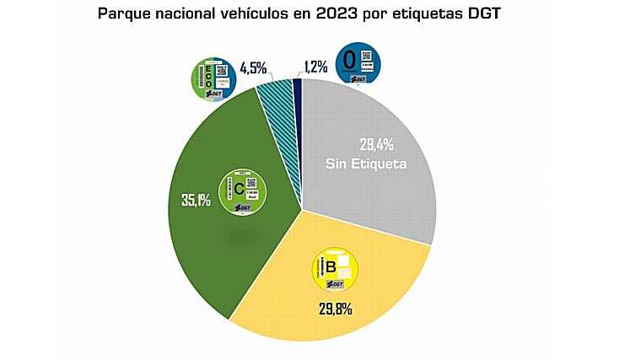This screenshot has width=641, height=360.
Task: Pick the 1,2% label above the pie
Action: click(x=317, y=65)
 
